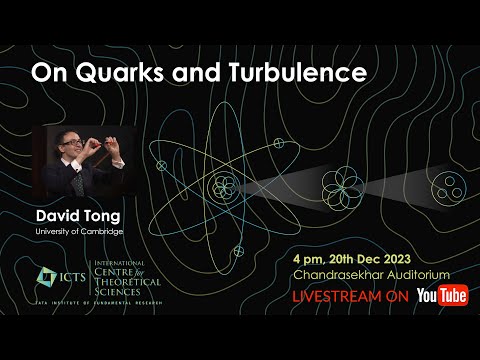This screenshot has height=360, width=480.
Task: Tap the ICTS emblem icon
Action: point(47,275)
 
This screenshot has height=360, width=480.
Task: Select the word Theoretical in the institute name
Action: point(126,282)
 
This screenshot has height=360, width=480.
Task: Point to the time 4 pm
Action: point(312,256)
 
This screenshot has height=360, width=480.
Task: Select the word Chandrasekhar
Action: point(339,274)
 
